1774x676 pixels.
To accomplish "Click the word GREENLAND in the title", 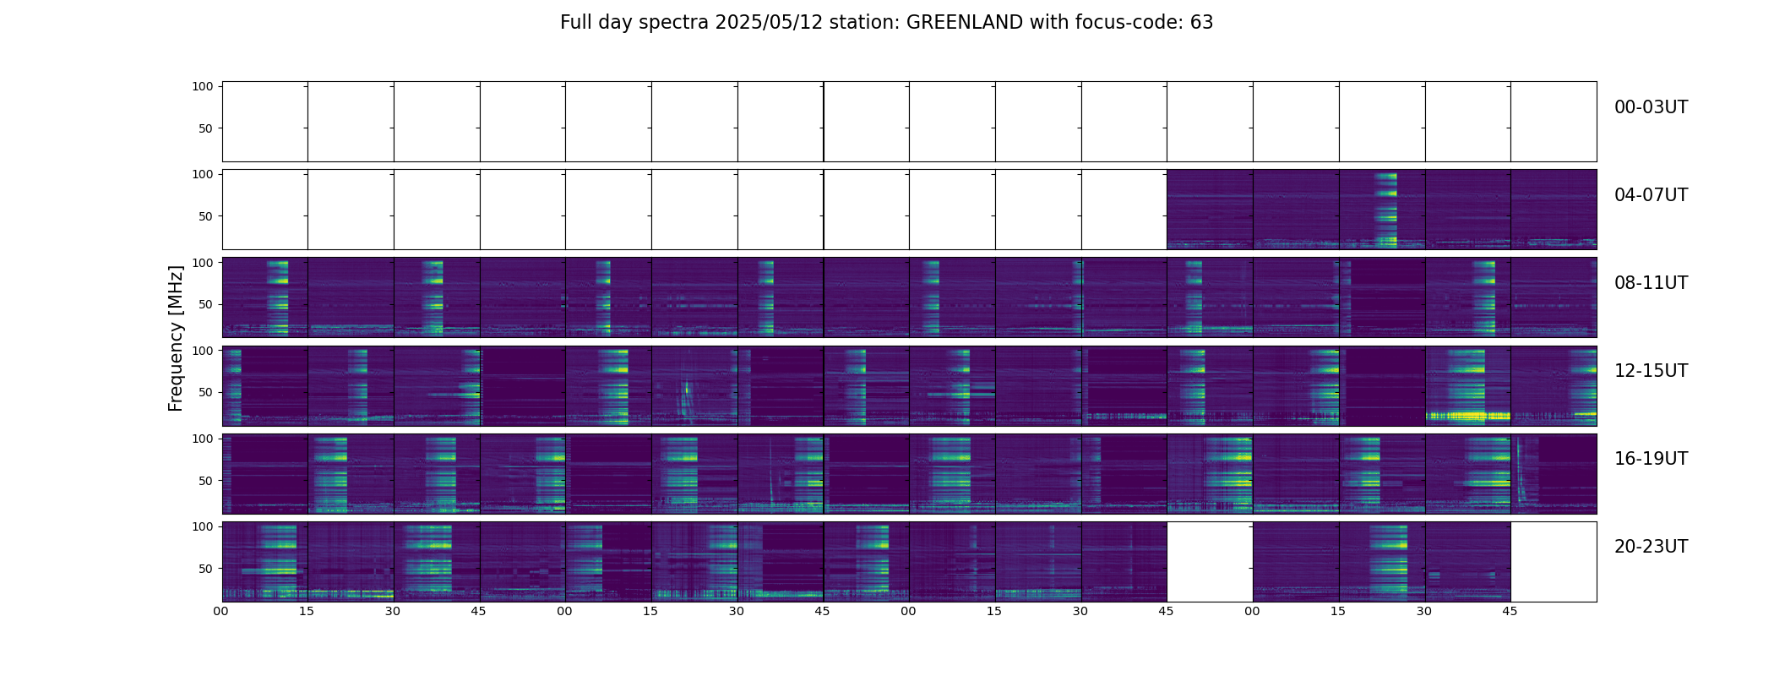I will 964,23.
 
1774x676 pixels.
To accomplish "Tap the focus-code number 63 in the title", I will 1201,23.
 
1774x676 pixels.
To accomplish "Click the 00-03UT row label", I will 1651,107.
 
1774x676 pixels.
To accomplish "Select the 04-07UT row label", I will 1651,195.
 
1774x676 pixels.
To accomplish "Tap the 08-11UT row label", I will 1651,283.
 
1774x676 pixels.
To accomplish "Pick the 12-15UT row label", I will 1651,371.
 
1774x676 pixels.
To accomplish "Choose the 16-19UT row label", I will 1651,459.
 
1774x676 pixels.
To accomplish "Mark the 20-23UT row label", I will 1651,547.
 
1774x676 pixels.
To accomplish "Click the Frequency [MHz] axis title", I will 176,338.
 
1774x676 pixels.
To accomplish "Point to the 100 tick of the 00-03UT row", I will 203,86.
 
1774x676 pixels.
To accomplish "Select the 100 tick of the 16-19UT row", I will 203,439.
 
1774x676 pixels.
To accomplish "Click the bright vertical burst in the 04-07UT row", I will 1385,209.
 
